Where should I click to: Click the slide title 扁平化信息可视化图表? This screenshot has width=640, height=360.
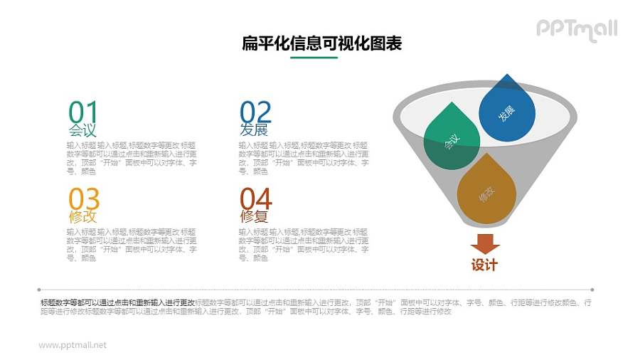click(322, 44)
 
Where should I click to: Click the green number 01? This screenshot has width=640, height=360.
click(82, 112)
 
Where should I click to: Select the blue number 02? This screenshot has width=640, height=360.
click(255, 112)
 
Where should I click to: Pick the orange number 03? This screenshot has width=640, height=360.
click(84, 199)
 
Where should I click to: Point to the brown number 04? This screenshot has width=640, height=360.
click(255, 199)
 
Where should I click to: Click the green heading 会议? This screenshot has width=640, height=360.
click(82, 130)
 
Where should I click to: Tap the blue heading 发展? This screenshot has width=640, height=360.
click(254, 130)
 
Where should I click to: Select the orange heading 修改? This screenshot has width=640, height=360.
click(82, 217)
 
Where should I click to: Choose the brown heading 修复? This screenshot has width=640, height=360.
click(254, 217)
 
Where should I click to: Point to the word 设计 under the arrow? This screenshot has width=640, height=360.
click(485, 265)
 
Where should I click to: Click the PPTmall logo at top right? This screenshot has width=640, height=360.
click(577, 29)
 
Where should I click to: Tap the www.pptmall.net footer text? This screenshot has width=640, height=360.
click(73, 345)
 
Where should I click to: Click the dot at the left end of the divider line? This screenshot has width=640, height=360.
click(39, 290)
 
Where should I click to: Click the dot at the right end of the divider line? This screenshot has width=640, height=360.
click(592, 290)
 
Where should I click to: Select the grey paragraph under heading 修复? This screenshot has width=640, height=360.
click(304, 245)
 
